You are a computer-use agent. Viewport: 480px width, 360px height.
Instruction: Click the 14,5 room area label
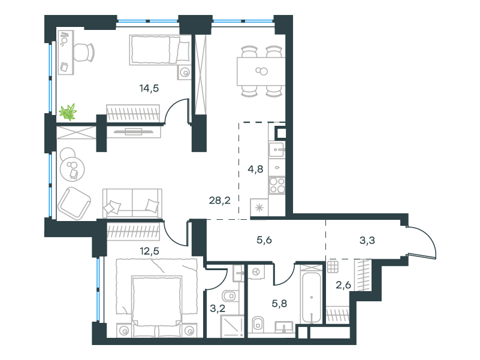point(149,89)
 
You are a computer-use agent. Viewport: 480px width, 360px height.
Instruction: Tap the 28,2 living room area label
point(219,201)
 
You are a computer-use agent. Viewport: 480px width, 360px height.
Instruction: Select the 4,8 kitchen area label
point(255,169)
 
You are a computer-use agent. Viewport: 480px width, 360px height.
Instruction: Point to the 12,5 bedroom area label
point(149,252)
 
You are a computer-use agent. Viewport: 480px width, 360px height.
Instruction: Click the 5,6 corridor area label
point(264,240)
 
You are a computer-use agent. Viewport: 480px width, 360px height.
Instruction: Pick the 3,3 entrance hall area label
point(367,241)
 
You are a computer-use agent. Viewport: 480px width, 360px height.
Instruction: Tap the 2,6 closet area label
point(343,285)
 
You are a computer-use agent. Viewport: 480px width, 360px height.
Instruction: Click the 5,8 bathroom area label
point(279,304)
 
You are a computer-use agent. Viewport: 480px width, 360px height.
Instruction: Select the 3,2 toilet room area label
point(218,308)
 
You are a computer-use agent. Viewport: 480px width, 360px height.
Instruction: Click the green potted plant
point(68,112)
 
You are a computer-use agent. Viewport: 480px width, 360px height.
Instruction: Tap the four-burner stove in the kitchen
point(277,185)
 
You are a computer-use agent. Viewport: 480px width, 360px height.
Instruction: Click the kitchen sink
point(276,150)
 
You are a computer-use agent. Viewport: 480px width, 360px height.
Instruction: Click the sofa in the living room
point(132,203)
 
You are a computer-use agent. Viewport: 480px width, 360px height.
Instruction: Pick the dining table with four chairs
point(261,71)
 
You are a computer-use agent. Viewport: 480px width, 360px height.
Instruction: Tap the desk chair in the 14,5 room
point(83,52)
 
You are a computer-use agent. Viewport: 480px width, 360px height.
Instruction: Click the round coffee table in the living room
point(73,169)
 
